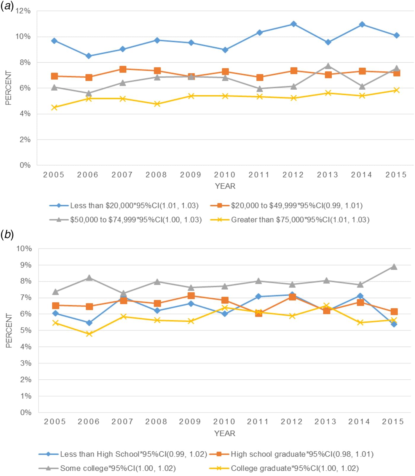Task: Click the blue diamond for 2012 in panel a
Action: point(293,24)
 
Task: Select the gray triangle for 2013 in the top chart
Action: point(328,66)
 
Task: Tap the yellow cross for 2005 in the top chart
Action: point(54,107)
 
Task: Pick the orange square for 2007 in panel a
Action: point(123,69)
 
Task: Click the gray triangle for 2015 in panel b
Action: point(394,267)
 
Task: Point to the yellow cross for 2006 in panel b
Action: point(89,334)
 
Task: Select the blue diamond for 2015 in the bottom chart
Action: point(394,324)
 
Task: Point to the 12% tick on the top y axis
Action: point(23,11)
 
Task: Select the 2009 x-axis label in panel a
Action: point(191,175)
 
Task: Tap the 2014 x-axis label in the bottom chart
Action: point(359,421)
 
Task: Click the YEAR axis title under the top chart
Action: point(225,186)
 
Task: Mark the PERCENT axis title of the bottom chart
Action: point(9,330)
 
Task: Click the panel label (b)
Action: point(7,235)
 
